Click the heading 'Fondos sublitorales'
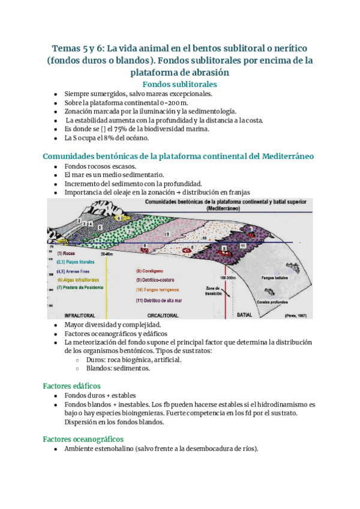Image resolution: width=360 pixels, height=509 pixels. [x=179, y=85]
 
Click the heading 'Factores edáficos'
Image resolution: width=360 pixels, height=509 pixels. [x=71, y=385]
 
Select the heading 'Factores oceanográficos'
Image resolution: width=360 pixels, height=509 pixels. [x=83, y=439]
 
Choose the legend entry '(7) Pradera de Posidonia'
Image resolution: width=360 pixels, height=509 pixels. [x=82, y=288]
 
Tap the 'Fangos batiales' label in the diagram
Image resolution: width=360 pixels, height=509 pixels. [x=275, y=277]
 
